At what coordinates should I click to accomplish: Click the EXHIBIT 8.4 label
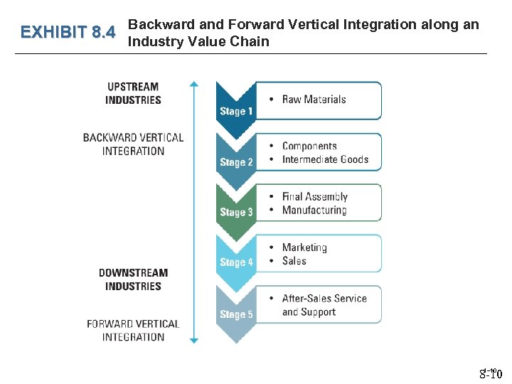pos(68,33)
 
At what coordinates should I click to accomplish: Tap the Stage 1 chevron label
pos(236,111)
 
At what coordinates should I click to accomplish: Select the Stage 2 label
pos(236,162)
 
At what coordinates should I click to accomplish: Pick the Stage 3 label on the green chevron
pos(236,212)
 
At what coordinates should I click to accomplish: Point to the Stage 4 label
pos(236,262)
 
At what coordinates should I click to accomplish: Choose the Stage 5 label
pos(236,314)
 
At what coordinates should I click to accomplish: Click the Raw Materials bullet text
pos(314,100)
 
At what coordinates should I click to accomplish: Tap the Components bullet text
pos(309,146)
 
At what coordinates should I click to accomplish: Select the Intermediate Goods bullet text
pos(325,159)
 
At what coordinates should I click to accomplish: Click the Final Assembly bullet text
pos(315,196)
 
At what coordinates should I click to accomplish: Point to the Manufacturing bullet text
pos(314,210)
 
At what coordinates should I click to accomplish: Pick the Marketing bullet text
pos(304,247)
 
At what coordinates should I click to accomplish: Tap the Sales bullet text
pos(294,261)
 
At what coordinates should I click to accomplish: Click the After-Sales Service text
pos(324,299)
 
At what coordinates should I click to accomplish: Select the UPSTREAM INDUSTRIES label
pos(133,93)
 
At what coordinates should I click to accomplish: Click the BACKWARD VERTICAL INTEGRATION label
pos(133,144)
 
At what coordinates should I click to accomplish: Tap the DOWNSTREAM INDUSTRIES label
pos(133,279)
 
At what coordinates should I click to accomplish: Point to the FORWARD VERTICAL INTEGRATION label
pos(133,330)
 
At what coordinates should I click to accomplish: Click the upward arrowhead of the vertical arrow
pos(194,85)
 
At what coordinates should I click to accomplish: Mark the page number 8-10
pos(491,374)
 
